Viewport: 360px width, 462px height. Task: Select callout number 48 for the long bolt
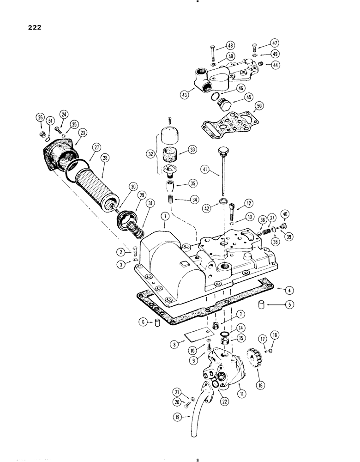coord(232,46)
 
